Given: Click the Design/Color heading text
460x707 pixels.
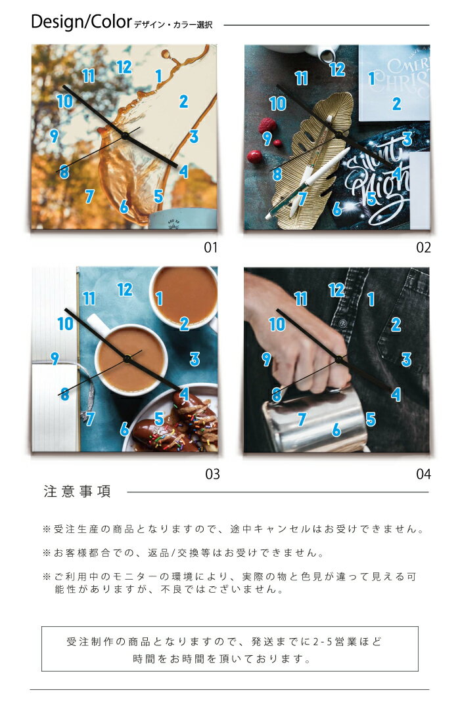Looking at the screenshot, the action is [81, 22].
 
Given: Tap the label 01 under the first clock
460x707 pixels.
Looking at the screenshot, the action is [211, 247].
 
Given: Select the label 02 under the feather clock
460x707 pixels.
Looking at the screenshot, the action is [423, 247].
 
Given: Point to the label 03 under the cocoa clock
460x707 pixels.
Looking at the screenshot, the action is [212, 474].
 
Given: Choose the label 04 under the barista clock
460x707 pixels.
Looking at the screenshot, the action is [423, 474].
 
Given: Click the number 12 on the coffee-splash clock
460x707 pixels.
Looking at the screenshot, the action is [124, 67].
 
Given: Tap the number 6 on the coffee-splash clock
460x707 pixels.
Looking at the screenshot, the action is [124, 207].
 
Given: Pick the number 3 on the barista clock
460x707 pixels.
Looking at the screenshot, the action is [406, 359].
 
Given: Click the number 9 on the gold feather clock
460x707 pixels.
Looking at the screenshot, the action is [267, 139].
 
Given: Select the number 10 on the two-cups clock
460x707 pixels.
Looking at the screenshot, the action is [66, 324].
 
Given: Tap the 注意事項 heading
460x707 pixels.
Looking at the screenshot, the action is [77, 491].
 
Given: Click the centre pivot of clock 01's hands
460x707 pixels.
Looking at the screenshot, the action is [125, 135].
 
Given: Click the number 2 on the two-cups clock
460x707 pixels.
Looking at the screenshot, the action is [184, 324].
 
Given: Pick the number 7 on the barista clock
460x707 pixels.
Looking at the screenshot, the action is [302, 419].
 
